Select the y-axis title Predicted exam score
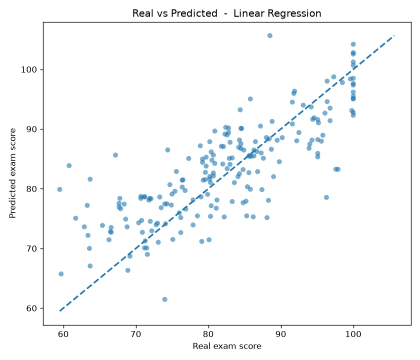(x=12, y=173)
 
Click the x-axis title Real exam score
(x=227, y=346)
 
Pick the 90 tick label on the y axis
(x=31, y=129)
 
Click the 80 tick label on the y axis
(x=31, y=189)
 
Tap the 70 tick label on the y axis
(x=31, y=249)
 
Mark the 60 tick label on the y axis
(x=31, y=308)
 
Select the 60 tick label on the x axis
(x=63, y=334)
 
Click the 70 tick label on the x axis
(x=136, y=334)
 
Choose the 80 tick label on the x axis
(x=208, y=334)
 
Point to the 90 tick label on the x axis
(x=281, y=334)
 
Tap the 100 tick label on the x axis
(x=353, y=334)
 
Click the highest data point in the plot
(x=269, y=35)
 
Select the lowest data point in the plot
(x=164, y=299)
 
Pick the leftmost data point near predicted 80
(x=59, y=189)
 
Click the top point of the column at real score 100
(x=353, y=44)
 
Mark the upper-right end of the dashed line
(x=394, y=35)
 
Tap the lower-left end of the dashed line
(x=59, y=311)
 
